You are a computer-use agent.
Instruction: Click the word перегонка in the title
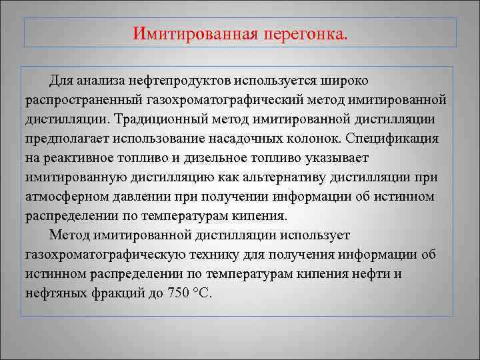(307, 33)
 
